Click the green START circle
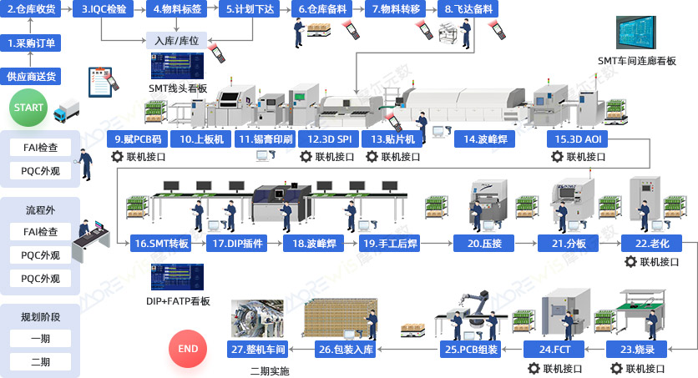28,108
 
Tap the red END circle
188,349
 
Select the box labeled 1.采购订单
31,43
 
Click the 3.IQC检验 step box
104,9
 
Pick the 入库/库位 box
177,40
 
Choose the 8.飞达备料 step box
468,9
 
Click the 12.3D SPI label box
329,139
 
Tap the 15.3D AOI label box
578,139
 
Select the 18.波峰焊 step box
314,244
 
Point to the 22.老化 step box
652,244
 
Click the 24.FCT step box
554,350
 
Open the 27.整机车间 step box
258,350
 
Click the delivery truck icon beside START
66,111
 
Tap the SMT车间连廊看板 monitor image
635,33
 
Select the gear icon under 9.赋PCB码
117,157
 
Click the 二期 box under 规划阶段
40,362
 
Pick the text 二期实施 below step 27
270,370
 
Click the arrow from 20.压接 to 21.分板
526,244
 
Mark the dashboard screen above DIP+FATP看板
177,276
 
